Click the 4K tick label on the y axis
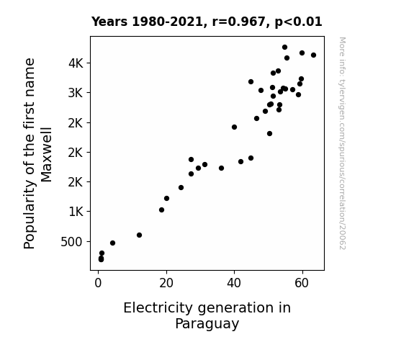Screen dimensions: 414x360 click(x=76, y=63)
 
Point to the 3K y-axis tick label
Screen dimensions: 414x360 click(x=76, y=93)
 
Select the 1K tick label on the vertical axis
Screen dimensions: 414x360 click(x=76, y=212)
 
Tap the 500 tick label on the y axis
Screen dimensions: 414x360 click(x=72, y=242)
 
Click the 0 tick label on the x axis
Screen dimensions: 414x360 click(x=98, y=283)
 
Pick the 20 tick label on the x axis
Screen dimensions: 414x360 click(x=166, y=283)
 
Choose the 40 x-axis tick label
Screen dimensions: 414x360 click(x=234, y=283)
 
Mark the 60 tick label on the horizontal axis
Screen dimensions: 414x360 click(x=302, y=283)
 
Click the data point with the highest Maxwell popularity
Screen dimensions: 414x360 click(x=284, y=48)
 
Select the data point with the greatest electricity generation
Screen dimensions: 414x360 click(x=313, y=55)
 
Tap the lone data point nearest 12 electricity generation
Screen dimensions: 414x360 click(x=140, y=235)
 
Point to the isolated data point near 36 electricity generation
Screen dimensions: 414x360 click(x=221, y=168)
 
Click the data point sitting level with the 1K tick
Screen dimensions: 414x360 click(x=161, y=210)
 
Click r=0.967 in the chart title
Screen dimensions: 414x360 click(x=238, y=22)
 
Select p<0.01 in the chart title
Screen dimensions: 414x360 click(x=298, y=22)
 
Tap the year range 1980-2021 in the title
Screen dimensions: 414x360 click(x=167, y=22)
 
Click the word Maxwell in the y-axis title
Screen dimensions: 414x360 click(x=47, y=155)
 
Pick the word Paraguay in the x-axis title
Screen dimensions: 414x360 click(x=207, y=324)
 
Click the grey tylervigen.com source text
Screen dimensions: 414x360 click(x=342, y=143)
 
